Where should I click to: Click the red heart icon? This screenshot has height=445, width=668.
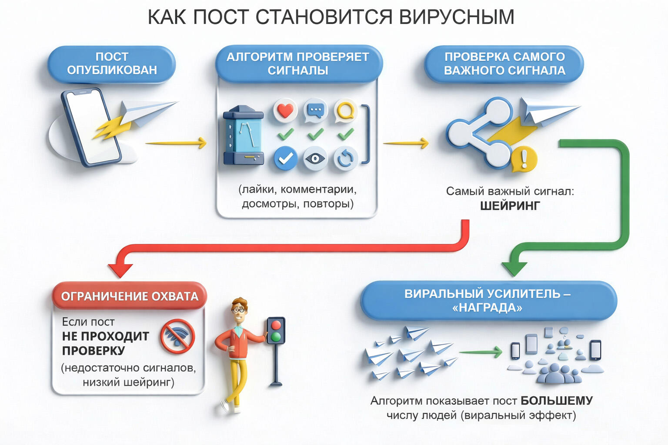[x=285, y=110]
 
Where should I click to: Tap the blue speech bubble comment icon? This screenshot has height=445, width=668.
[x=315, y=111]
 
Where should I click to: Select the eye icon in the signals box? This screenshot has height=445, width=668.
[x=315, y=159]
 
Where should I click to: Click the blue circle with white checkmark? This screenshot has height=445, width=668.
[x=285, y=159]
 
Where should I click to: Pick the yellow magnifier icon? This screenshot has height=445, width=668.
[x=345, y=110]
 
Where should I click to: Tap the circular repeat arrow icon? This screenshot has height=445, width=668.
[x=345, y=159]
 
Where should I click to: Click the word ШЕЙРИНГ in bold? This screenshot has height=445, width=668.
[x=510, y=206]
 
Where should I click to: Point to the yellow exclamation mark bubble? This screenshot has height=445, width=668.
[x=524, y=159]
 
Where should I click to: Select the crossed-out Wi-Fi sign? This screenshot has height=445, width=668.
[x=177, y=336]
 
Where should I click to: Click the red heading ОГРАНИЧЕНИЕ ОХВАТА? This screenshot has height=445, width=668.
[x=129, y=296]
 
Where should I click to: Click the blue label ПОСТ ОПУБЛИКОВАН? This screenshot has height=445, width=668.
[x=112, y=63]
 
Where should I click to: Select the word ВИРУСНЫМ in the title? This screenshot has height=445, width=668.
[x=456, y=17]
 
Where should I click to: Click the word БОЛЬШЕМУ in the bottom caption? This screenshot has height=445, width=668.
[x=556, y=401]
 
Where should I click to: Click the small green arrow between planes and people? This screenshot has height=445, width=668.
[x=481, y=352]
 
